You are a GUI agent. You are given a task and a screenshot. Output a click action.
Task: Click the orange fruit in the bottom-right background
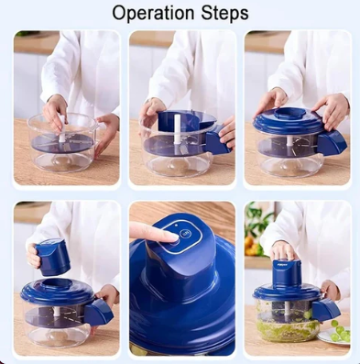tap(251, 246)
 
